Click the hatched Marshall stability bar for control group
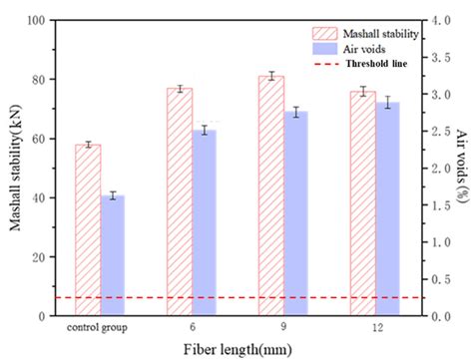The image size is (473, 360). [x=88, y=229]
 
